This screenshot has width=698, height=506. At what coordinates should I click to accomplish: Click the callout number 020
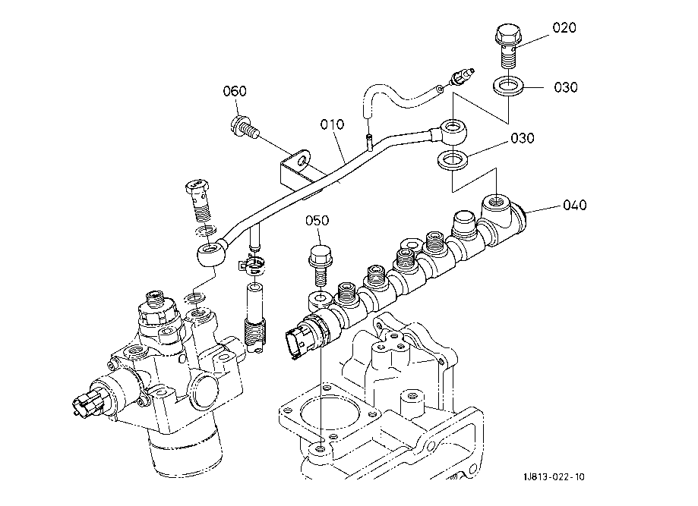564,27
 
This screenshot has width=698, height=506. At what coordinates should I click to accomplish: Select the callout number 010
332,124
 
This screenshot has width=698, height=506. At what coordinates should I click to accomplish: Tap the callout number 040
575,205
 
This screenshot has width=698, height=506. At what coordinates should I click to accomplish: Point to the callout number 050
317,221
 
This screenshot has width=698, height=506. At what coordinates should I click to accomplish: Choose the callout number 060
235,91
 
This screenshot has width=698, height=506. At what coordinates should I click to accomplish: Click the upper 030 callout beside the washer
566,87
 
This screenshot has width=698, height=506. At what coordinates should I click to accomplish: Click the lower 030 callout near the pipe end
522,138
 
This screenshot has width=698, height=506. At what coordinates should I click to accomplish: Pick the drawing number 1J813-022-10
554,477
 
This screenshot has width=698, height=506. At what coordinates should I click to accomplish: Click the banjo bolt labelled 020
508,46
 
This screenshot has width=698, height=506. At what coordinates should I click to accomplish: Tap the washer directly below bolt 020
508,86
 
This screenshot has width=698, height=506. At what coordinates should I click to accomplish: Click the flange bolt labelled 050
320,266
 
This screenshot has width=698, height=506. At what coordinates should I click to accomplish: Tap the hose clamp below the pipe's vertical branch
252,266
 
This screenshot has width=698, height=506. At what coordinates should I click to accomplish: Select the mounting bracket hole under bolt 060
304,159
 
